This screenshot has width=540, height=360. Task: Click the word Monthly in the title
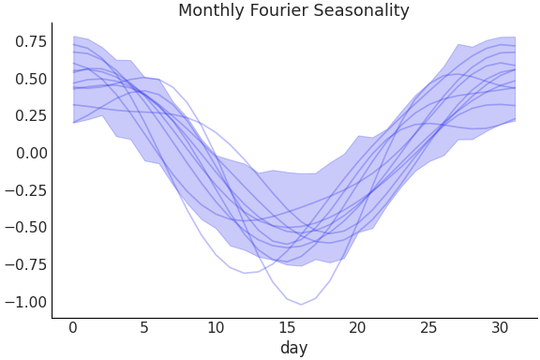point(212,11)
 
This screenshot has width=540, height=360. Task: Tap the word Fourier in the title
point(280,11)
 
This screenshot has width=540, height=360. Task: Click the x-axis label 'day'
point(293,349)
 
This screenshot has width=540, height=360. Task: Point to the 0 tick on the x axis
point(73,328)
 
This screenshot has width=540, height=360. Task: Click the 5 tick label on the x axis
point(144,328)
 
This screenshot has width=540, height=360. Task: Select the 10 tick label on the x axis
point(216,328)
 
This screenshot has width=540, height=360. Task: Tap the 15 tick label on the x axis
point(287,328)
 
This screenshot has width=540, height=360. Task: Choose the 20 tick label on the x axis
point(358,328)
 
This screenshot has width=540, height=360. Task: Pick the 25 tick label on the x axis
point(429,328)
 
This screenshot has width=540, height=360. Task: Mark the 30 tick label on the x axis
point(501,328)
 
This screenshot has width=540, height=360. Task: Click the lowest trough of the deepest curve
point(301,304)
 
